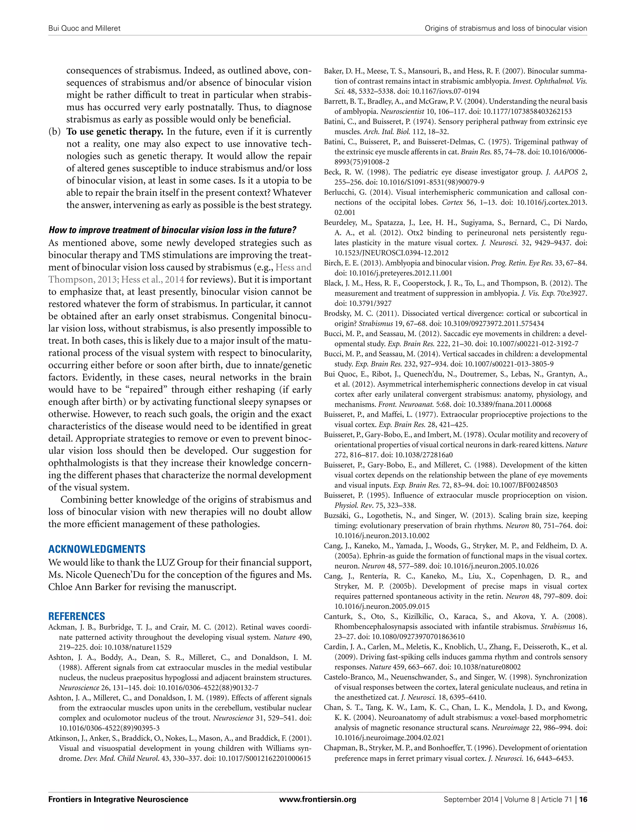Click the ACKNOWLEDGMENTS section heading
[97, 549]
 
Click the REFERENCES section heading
[76, 616]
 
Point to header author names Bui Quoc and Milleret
[84, 28]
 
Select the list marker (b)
[55, 132]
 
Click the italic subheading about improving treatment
[172, 230]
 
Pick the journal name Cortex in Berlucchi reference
[452, 202]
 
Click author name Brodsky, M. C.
[350, 314]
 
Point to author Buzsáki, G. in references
[341, 516]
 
